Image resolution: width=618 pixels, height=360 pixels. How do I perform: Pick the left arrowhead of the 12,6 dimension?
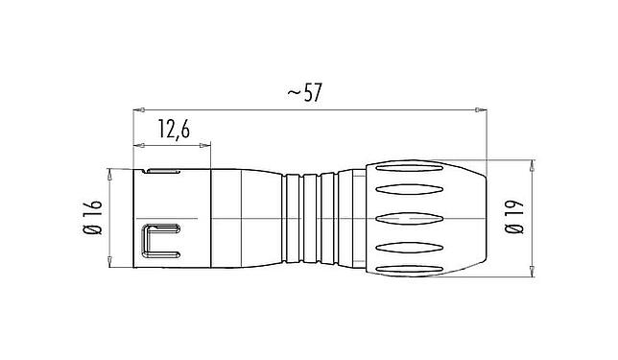[x=135, y=147]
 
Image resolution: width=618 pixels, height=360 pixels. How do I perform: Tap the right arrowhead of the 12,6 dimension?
[x=206, y=147]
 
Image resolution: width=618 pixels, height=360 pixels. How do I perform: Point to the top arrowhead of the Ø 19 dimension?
[x=534, y=163]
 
